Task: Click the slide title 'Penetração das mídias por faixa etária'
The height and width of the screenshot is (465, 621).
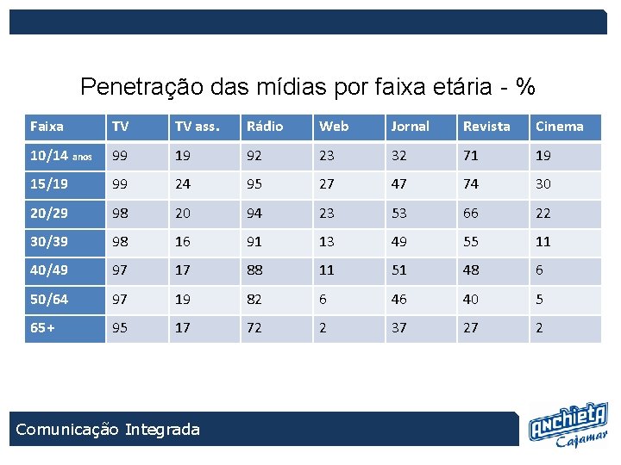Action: click(308, 86)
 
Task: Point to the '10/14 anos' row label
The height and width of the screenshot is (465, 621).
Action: click(60, 156)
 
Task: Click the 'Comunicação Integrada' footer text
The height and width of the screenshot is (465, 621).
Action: click(108, 429)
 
